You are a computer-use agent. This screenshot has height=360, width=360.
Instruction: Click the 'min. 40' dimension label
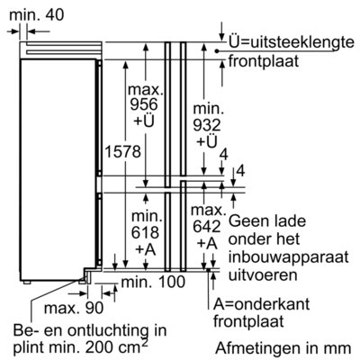coord(37,14)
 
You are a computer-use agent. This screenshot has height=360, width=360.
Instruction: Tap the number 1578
coord(122,151)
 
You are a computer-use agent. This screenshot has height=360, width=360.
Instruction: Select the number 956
coord(144,104)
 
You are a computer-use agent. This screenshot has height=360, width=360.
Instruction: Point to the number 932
coord(207,125)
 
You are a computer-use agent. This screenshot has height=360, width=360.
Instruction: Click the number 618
coord(145,232)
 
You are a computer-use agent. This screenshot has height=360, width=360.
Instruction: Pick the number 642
coord(207,227)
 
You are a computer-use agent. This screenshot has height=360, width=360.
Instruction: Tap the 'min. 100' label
coord(153,283)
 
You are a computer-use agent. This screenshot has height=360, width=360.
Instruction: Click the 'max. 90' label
coord(74,308)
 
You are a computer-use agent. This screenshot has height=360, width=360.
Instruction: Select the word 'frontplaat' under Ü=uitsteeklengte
coord(264,61)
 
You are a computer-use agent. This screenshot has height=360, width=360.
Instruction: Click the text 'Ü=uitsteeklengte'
coord(292,42)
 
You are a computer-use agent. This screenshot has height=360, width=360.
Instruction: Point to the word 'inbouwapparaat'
coord(289,258)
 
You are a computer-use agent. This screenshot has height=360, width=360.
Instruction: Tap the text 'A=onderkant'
coord(261,304)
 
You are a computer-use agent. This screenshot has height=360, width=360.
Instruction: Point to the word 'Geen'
coord(247,221)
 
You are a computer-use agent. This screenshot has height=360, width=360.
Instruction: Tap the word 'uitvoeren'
coord(263,275)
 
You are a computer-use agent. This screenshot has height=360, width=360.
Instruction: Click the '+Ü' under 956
coord(144,121)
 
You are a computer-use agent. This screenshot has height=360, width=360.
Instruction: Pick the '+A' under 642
coord(207,244)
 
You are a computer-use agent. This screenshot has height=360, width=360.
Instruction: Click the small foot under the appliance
coord(27,283)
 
